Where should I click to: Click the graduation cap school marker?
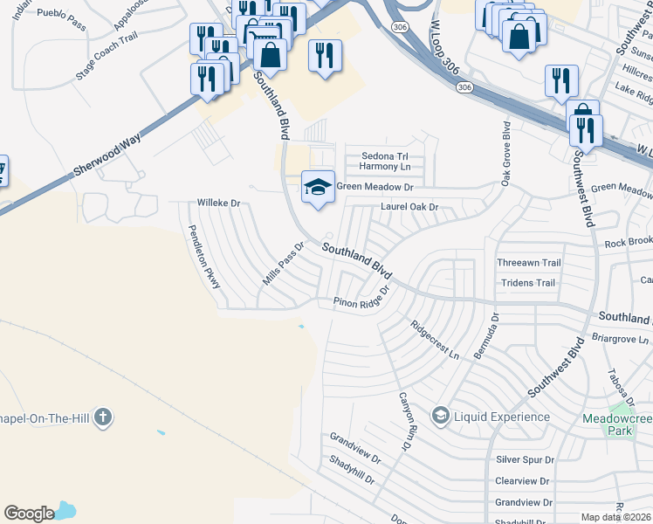click(318, 187)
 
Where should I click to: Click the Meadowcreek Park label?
click(618, 424)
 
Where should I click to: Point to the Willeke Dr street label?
click(218, 203)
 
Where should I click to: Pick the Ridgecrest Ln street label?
click(435, 339)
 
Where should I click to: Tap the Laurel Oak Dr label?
click(408, 207)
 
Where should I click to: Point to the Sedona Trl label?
click(385, 156)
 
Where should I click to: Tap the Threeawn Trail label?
click(528, 263)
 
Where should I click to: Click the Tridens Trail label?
click(527, 283)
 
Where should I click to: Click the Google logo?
click(29, 514)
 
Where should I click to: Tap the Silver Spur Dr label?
click(525, 459)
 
